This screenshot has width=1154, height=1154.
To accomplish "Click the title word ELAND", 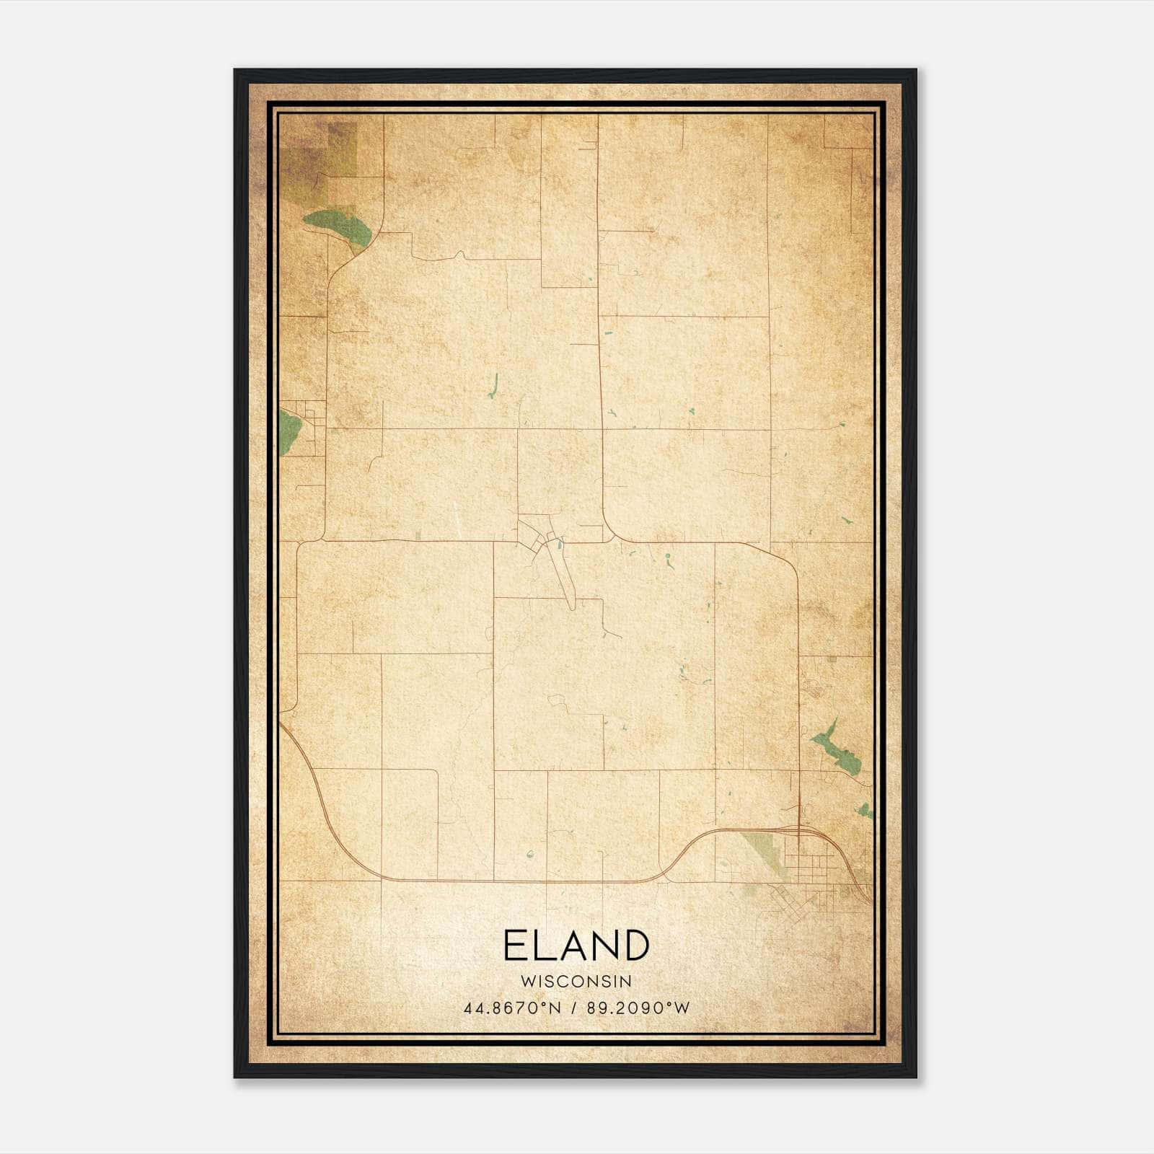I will tap(576, 946).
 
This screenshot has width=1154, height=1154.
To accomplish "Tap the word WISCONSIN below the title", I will tap(576, 981).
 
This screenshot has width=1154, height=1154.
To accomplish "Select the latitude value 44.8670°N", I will tap(513, 1008).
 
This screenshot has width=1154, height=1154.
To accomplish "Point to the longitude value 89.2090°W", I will tap(638, 1008).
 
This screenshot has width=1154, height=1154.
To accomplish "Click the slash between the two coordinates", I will tap(574, 1008).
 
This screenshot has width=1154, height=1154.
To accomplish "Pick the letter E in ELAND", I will tap(515, 946).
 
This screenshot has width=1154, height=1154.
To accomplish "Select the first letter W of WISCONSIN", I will tap(526, 981).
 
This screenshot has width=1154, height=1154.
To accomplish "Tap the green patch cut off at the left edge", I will tap(289, 430).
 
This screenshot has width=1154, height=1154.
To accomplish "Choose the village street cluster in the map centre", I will tap(545, 541).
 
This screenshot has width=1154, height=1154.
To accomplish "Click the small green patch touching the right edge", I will tap(865, 811).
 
